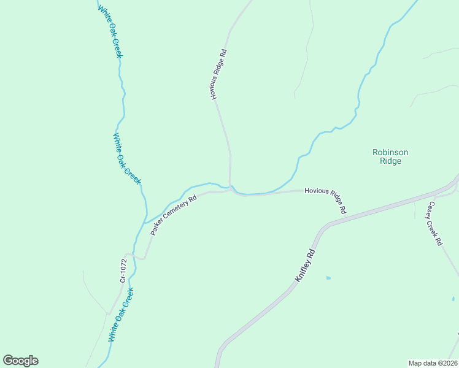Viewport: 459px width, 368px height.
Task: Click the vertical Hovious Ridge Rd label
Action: [x=219, y=75]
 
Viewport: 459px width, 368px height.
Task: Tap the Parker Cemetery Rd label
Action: [x=174, y=215]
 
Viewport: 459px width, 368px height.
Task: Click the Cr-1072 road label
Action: [x=124, y=270]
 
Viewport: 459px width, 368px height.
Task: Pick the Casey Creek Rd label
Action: [x=435, y=224]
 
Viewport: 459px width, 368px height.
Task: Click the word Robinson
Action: [x=390, y=152]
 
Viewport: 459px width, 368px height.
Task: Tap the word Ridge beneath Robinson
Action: [x=390, y=161]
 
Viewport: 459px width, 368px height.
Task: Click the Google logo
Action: [x=20, y=361]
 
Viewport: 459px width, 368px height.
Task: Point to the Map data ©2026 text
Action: [x=433, y=362]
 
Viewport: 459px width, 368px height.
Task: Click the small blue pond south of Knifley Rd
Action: [x=328, y=278]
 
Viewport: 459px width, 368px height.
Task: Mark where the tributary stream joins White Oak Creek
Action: [x=146, y=223]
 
